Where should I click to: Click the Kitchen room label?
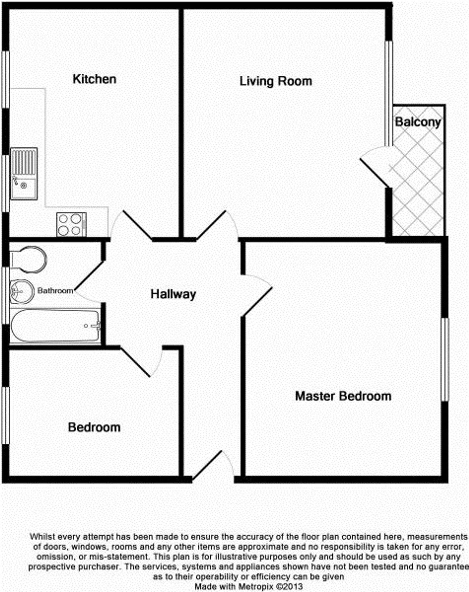pos(94,79)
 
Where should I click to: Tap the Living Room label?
pos(276,81)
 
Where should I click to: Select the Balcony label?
pos(418,122)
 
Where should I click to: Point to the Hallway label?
pos(173,294)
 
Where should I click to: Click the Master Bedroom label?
pos(343,396)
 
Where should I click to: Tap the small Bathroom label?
pos(55,290)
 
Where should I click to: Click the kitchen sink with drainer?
pos(24,174)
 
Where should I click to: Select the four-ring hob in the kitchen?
pos(72,224)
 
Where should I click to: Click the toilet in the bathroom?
pos(28,259)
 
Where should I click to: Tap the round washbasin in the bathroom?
pos(22,292)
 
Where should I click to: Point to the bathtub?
pos(55,326)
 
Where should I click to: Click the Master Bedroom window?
pos(445,360)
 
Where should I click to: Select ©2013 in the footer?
pos(289,587)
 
